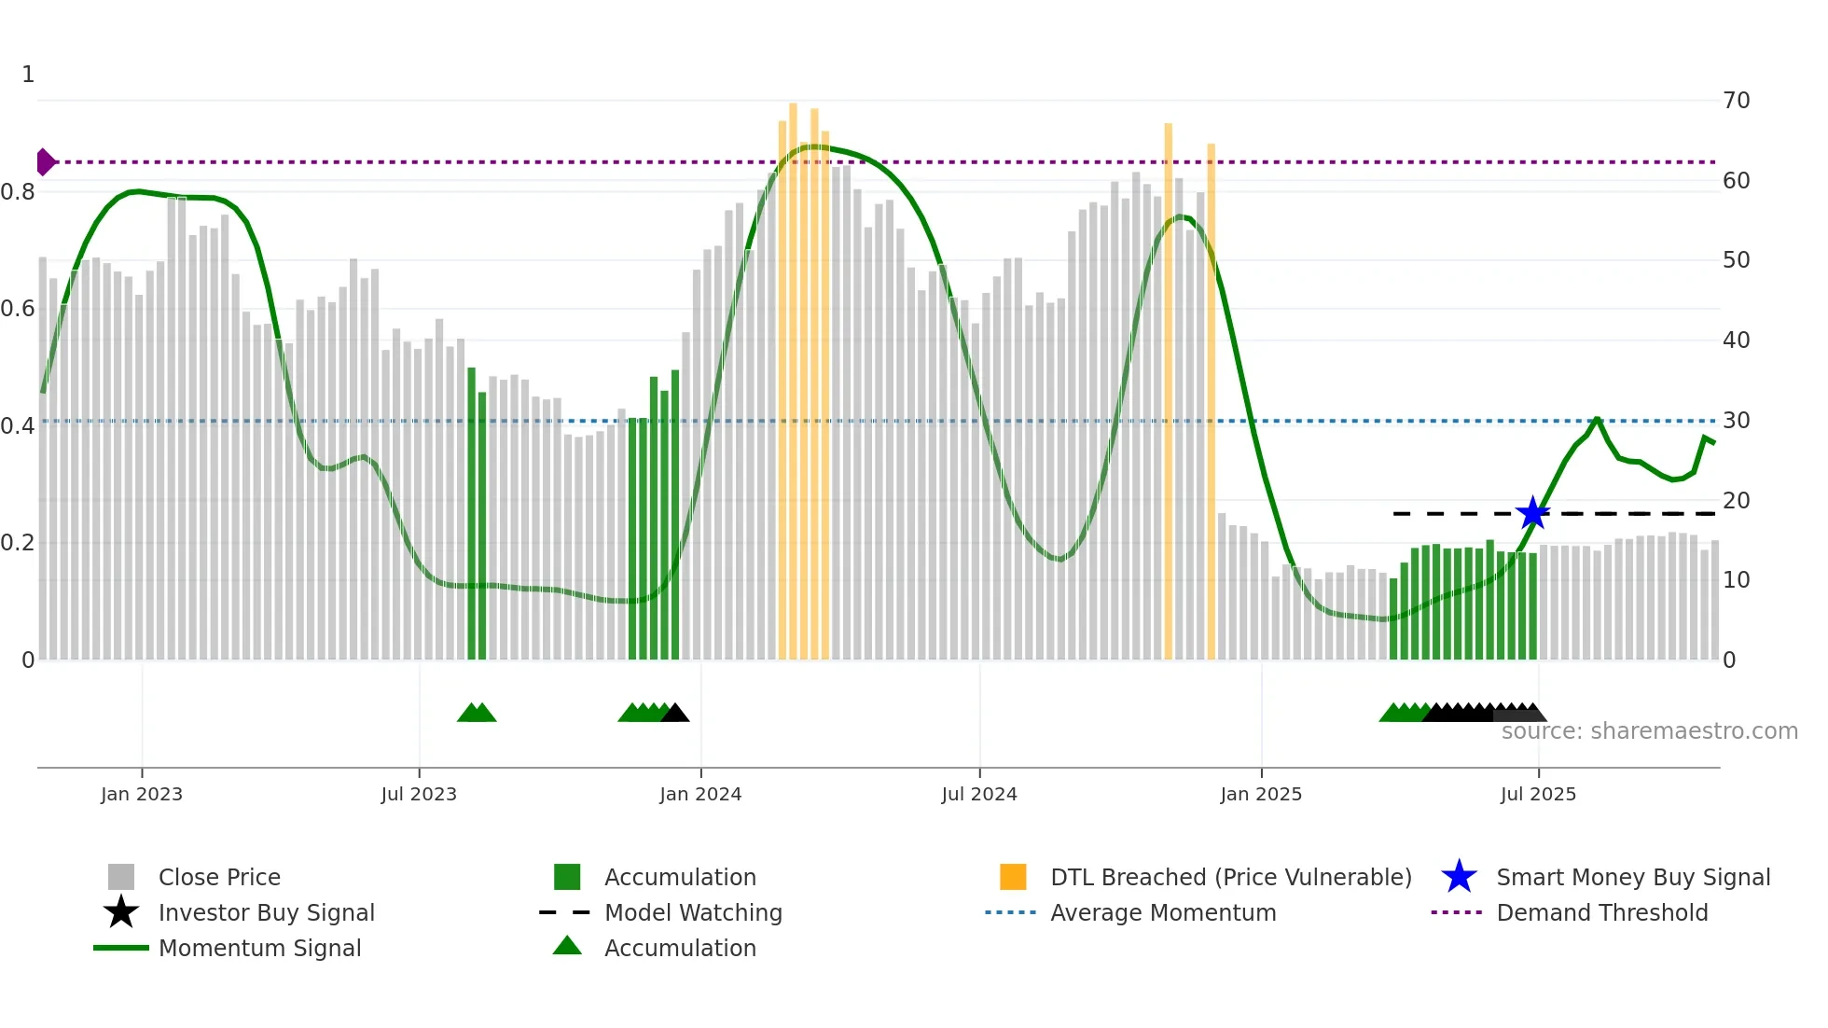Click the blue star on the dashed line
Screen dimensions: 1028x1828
coord(1532,513)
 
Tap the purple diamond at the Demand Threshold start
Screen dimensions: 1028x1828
coord(45,161)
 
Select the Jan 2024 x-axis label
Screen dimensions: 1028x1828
coord(700,795)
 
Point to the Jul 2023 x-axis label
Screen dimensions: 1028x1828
coord(419,795)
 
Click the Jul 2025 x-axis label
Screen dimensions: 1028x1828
coord(1538,795)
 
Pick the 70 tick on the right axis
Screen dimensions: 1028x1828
coord(1736,101)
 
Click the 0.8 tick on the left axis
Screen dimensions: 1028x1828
coord(18,192)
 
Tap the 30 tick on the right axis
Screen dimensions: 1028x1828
coord(1736,421)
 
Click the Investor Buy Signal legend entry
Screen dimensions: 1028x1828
coord(266,913)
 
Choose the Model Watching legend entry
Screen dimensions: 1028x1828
coord(693,913)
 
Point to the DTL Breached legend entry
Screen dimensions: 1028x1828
coord(1230,878)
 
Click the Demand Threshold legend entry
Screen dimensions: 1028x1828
coord(1601,913)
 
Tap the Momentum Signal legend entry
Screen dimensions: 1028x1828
coord(259,949)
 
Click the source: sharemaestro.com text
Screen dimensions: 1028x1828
coord(1649,731)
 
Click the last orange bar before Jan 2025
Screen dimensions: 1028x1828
coord(1211,401)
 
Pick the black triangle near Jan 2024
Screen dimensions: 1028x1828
coord(676,713)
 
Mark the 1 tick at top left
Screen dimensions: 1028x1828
coord(28,75)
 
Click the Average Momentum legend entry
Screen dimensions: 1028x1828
coord(1162,913)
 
